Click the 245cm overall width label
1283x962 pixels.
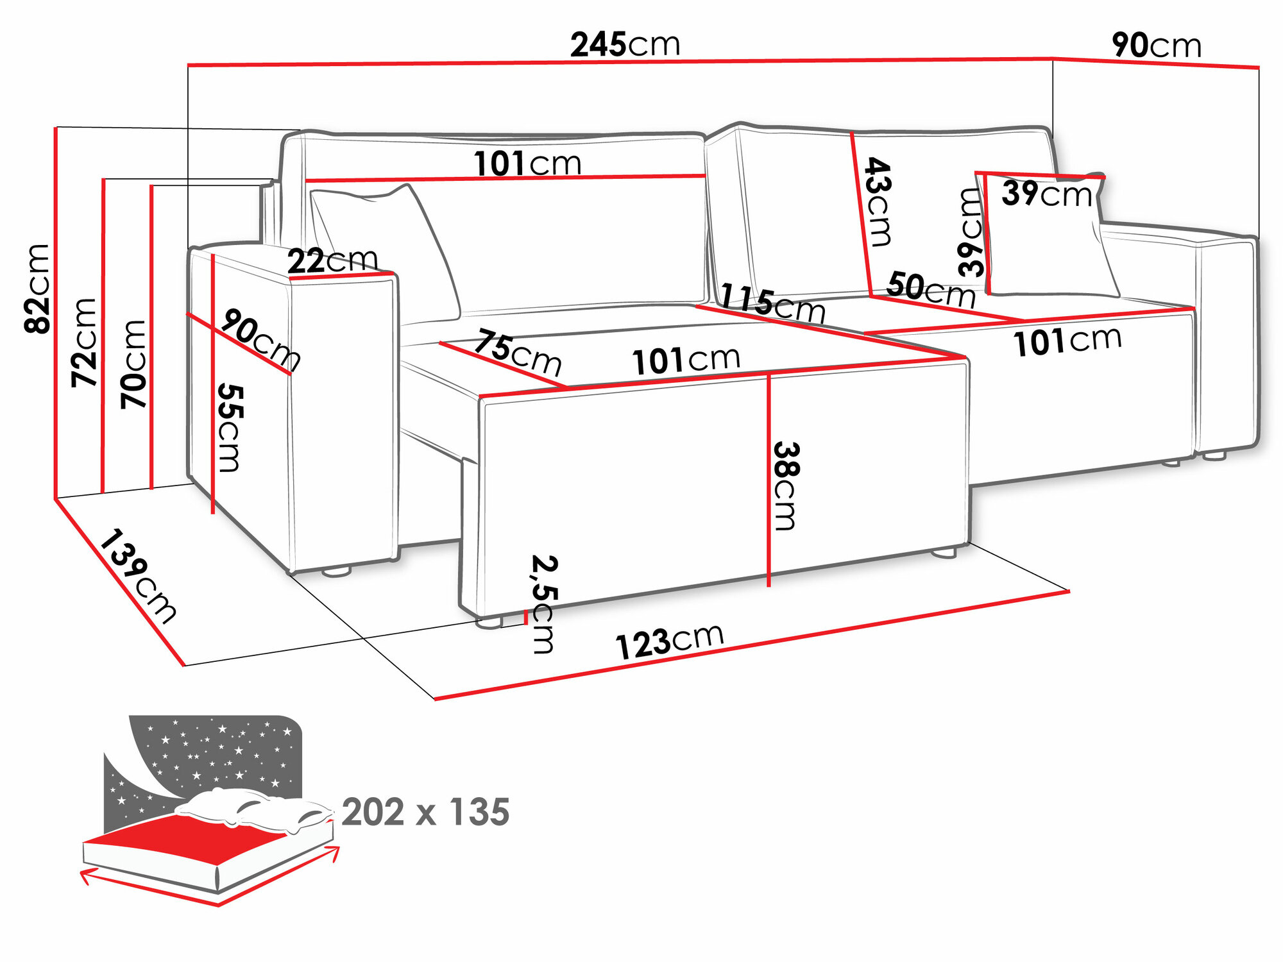[x=625, y=45]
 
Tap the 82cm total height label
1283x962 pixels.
[x=38, y=289]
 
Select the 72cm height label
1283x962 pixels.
[x=84, y=342]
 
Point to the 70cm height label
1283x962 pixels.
[x=134, y=364]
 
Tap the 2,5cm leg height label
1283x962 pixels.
[x=544, y=603]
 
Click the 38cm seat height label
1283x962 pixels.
[x=786, y=485]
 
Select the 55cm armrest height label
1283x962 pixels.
[x=230, y=428]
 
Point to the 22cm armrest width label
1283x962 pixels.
[x=332, y=260]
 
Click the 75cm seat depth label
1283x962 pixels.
[x=517, y=353]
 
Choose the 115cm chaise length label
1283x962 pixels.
[x=772, y=304]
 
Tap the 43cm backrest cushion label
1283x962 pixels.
[x=878, y=201]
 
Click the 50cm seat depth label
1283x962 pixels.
[x=930, y=290]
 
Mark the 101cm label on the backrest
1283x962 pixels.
[x=527, y=164]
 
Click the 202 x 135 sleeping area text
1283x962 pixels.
[x=425, y=812]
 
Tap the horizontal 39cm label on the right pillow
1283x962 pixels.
[x=1046, y=193]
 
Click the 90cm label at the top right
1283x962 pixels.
[x=1156, y=46]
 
